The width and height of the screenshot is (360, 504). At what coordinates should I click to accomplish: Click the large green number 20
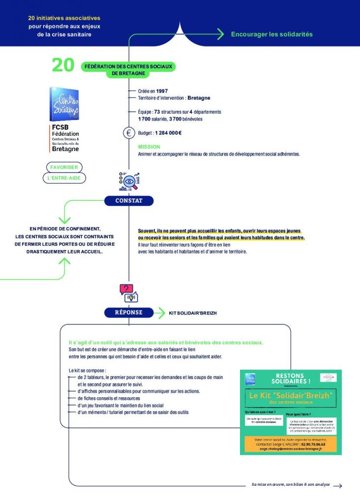(x=63, y=65)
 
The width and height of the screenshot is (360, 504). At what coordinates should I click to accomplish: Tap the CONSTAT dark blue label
(x=129, y=201)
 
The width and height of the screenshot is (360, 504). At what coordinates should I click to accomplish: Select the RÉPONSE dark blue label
(x=129, y=312)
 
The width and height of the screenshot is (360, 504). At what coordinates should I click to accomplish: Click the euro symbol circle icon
(x=129, y=132)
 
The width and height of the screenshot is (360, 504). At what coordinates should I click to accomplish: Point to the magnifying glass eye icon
(x=129, y=181)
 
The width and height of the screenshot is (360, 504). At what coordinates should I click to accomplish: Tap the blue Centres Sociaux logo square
(x=64, y=104)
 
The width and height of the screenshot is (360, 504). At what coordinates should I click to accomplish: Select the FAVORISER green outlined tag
(x=64, y=167)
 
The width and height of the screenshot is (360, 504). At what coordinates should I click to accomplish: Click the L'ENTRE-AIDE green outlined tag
(x=64, y=178)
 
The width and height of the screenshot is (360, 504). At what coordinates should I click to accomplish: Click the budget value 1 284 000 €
(x=168, y=133)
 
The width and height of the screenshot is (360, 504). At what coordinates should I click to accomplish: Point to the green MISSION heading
(x=149, y=147)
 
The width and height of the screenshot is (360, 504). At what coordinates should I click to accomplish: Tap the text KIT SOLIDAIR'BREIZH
(x=196, y=313)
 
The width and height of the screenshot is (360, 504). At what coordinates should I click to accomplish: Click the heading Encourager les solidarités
(x=272, y=34)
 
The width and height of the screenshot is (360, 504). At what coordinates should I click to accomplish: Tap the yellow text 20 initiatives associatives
(x=64, y=18)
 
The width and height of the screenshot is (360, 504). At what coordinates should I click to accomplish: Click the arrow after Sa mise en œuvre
(x=337, y=486)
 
